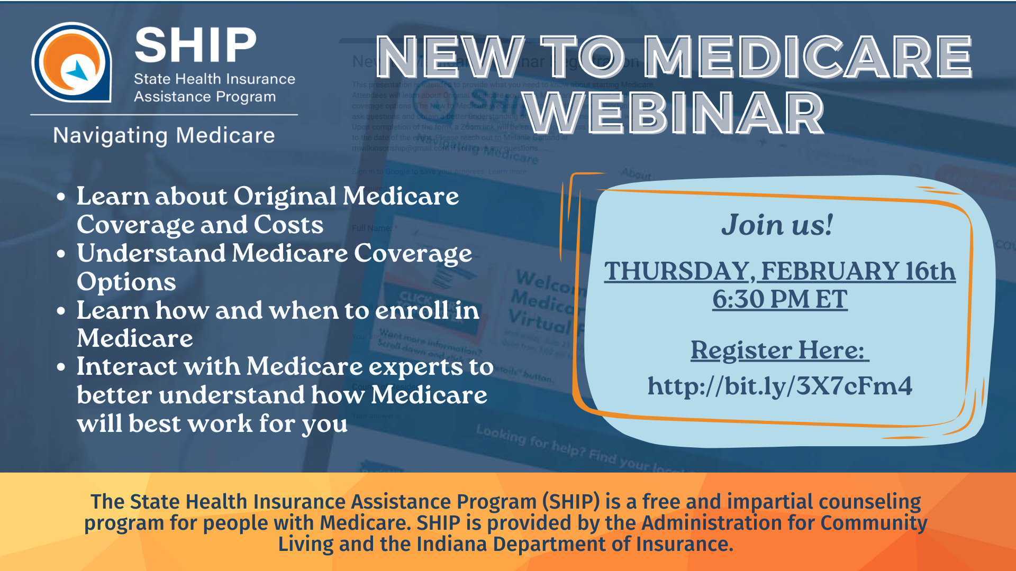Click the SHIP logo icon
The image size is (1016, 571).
(71, 62)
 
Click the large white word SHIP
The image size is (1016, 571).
(196, 45)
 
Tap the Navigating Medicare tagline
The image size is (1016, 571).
(164, 135)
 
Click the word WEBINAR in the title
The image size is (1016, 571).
(675, 113)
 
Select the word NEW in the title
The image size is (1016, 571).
(450, 57)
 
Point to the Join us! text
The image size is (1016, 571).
(777, 225)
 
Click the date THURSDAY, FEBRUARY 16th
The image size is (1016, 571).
(779, 271)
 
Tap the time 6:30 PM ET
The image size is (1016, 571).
(779, 299)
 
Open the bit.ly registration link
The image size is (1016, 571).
(779, 386)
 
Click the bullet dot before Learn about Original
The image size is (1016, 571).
(61, 197)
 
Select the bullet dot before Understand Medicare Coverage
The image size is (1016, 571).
(61, 254)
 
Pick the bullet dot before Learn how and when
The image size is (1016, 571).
(61, 311)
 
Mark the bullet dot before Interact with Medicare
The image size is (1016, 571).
(61, 367)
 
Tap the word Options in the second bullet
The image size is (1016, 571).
(126, 282)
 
